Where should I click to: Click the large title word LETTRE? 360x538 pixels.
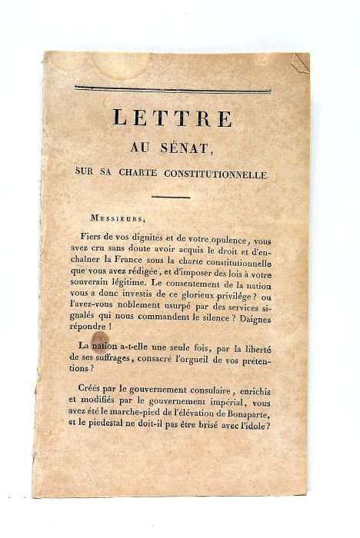pyautogui.click(x=172, y=118)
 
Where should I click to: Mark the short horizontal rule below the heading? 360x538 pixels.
pyautogui.click(x=171, y=198)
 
